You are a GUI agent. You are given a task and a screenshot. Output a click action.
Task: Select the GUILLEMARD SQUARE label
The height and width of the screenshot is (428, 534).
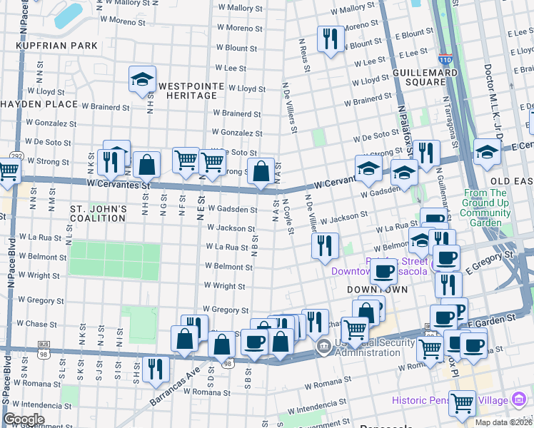[x=419, y=76]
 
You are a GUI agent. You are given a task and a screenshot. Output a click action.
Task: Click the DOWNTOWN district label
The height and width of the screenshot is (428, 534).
[x=377, y=290]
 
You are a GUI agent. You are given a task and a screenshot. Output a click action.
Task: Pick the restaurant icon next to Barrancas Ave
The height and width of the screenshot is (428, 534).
[x=153, y=369]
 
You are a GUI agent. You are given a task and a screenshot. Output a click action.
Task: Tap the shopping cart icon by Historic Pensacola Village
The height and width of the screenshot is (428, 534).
[x=462, y=403]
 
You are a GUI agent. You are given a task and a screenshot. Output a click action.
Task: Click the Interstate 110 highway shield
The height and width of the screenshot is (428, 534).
[x=445, y=62]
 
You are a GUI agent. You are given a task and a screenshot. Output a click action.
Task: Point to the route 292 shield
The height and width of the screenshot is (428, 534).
[x=15, y=156]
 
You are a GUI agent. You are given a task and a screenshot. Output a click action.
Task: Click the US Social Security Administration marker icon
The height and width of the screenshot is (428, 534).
[x=323, y=347]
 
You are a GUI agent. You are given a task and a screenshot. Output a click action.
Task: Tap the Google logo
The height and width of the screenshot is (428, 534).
[x=23, y=419]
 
